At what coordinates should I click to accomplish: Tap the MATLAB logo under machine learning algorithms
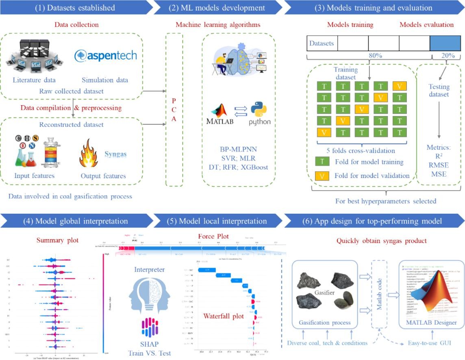pos(222,114)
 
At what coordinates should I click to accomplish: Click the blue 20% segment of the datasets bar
pos(445,43)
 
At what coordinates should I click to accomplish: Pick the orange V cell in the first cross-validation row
pos(400,86)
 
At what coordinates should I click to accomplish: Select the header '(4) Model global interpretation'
pos(76,221)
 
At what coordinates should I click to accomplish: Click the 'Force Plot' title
pos(213,236)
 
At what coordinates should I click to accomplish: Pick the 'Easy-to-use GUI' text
pos(429,343)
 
